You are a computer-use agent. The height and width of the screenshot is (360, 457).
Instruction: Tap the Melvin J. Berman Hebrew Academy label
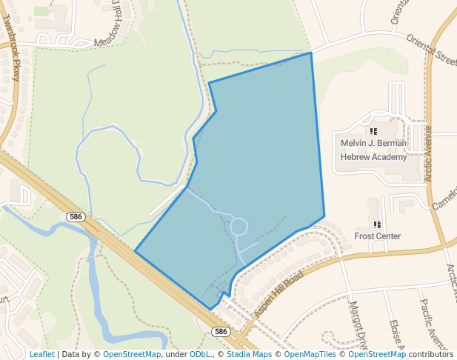pos(373,150)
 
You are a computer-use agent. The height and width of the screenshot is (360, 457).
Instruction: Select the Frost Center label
pos(377,236)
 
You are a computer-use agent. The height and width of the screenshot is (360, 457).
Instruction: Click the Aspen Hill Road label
pos(278,296)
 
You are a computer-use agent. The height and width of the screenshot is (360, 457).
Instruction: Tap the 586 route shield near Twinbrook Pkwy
pos(75,217)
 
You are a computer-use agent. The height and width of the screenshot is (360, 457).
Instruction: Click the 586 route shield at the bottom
pos(220,331)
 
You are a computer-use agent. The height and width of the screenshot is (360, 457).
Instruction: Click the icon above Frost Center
pos(377,224)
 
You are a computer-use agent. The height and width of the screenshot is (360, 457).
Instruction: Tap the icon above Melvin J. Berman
pos(373,131)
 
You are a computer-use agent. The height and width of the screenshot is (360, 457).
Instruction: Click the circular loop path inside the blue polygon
pos(239,226)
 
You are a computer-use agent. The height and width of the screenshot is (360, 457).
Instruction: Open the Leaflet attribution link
pos(41,354)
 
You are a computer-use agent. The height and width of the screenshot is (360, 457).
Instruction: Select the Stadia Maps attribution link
pos(249,354)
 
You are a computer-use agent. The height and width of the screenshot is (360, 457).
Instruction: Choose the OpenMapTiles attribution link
pos(310,354)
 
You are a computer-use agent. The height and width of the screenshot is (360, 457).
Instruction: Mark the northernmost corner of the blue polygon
pos(310,53)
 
